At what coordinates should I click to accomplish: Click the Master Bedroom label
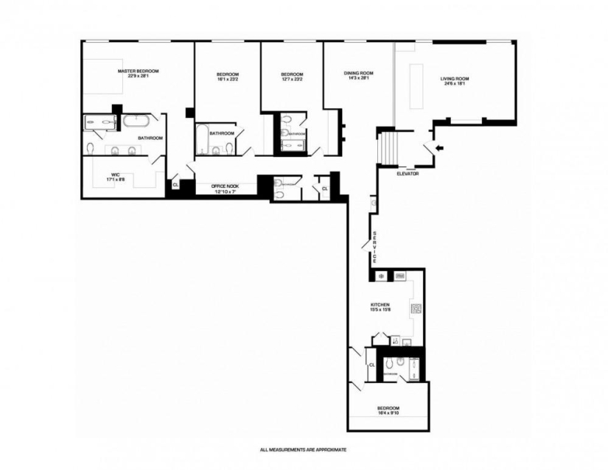tap(138, 71)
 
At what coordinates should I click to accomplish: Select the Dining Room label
tap(359, 73)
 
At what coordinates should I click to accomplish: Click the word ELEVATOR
tap(407, 174)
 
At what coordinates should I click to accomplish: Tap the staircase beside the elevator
tap(387, 147)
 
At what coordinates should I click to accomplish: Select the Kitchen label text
tap(380, 304)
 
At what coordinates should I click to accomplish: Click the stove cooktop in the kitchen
tap(416, 310)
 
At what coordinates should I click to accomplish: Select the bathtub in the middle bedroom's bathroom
tap(201, 137)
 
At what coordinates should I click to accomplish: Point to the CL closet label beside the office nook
tap(175, 184)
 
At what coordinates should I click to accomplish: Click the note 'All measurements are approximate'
tap(303, 449)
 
